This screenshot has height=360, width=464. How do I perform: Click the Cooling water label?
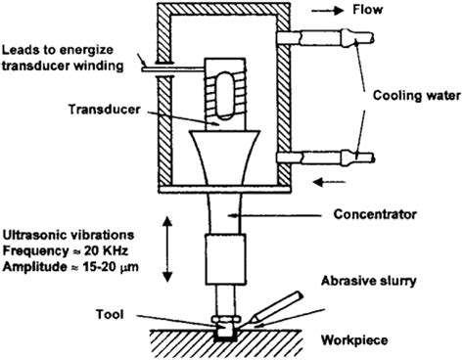(x=413, y=96)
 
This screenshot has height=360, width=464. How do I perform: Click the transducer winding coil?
(x=223, y=89)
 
